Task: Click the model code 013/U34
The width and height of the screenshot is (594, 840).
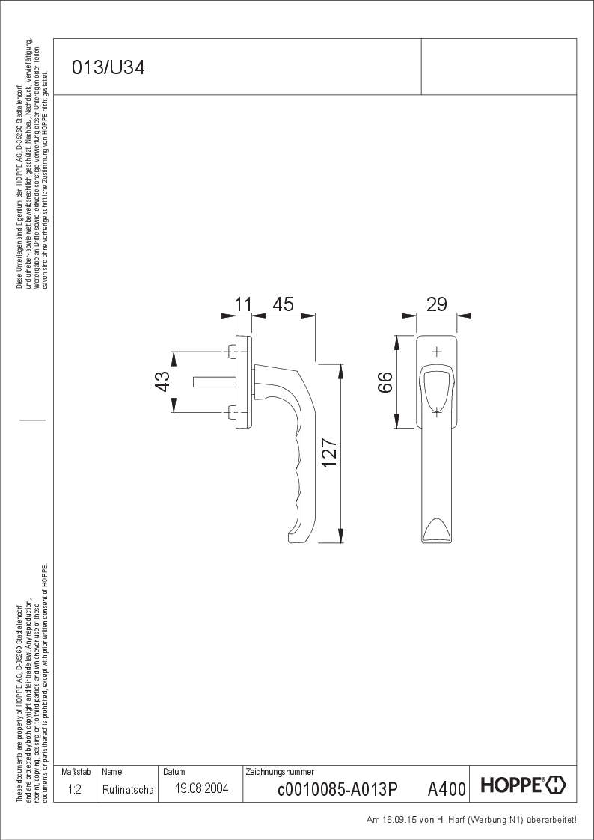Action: pos(108,68)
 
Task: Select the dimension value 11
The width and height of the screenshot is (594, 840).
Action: pos(243,304)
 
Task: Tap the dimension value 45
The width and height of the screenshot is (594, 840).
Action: pos(284,304)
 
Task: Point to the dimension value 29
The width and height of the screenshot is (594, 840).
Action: pos(437,304)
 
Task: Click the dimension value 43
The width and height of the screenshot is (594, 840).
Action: pos(162,381)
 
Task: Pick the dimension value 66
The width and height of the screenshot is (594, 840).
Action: pos(385,382)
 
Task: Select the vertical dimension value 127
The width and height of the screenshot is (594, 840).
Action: pos(329,453)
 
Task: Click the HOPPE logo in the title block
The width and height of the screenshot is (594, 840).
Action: pos(523,785)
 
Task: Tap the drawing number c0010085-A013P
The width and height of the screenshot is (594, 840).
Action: pos(338,790)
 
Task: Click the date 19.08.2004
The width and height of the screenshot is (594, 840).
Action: pos(202,788)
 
